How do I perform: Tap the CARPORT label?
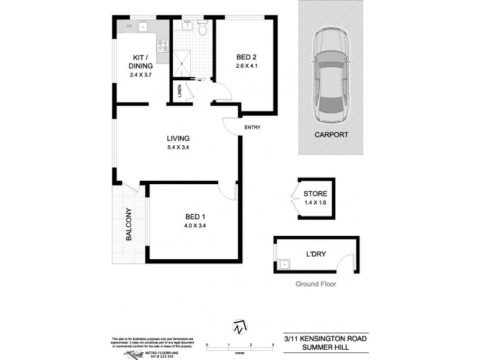point(331,135)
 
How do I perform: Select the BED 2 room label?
point(246,57)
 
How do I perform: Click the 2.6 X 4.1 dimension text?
point(246,67)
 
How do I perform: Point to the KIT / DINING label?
point(142,62)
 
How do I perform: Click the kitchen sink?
point(143,27)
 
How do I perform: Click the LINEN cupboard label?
point(179,92)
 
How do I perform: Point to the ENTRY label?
point(252,128)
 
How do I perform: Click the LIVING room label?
point(170,139)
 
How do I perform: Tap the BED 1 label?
point(195,217)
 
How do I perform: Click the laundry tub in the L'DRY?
point(284,263)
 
